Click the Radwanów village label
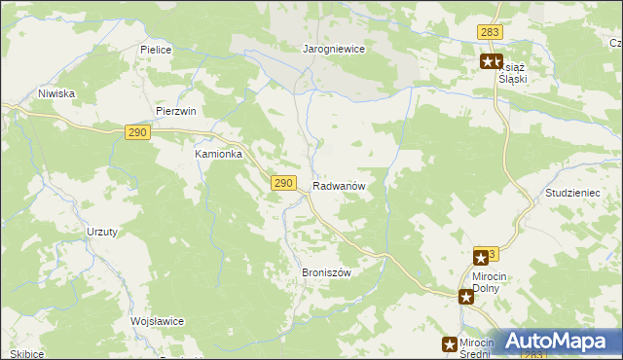(339, 186)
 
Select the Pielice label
(156, 49)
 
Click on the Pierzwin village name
(175, 111)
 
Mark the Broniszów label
(326, 272)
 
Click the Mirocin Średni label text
(478, 348)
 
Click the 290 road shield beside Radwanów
(283, 183)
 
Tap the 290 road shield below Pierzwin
(137, 132)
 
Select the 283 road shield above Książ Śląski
(490, 33)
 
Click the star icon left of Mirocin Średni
(450, 343)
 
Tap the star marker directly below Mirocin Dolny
(466, 297)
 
